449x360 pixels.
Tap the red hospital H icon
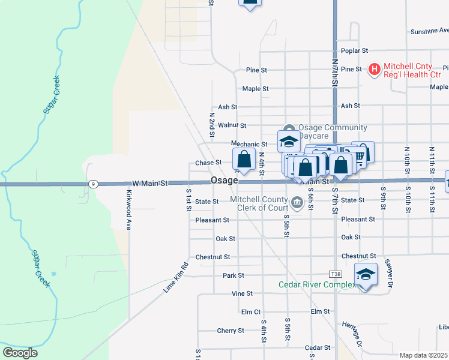(375, 70)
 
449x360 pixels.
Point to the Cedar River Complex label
(317, 284)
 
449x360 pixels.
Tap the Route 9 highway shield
(92, 184)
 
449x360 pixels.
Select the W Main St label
(150, 182)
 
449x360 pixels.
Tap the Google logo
(20, 353)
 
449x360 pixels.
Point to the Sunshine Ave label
(429, 31)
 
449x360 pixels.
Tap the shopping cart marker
(361, 156)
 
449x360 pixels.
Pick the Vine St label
(242, 294)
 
